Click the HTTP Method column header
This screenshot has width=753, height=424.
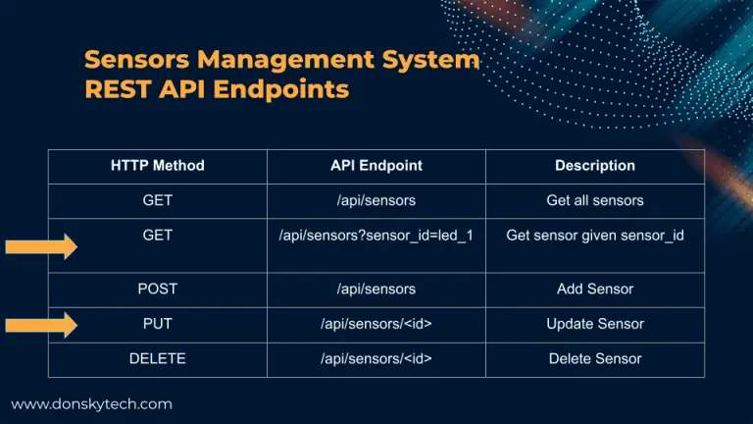click(157, 166)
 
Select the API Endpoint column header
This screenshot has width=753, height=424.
click(376, 166)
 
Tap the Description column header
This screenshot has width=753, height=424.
click(594, 166)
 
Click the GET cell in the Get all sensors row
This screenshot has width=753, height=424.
click(157, 200)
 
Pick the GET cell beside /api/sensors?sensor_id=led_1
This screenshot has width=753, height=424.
click(157, 236)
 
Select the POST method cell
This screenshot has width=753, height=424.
click(157, 289)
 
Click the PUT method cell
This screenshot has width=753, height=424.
click(157, 324)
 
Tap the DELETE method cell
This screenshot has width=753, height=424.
click(157, 358)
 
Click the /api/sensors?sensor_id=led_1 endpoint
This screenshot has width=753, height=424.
click(376, 236)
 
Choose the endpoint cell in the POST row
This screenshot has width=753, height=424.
click(376, 289)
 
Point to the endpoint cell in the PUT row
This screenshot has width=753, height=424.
click(376, 324)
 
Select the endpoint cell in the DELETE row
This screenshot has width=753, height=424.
click(376, 358)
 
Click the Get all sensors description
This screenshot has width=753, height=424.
click(594, 200)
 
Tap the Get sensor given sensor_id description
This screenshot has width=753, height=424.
click(594, 236)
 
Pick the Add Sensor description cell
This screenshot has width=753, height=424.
click(594, 289)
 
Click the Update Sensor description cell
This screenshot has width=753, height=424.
click(594, 324)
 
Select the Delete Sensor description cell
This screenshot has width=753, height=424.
click(594, 358)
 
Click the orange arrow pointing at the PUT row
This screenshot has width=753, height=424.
click(41, 325)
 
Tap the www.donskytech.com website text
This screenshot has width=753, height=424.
click(91, 403)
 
